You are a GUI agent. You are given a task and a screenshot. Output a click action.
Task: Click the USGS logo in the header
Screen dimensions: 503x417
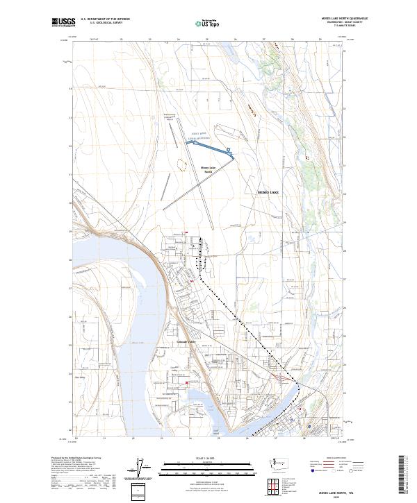pos(62,22)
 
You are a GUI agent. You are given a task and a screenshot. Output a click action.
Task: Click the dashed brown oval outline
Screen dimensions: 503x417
pos(182,164)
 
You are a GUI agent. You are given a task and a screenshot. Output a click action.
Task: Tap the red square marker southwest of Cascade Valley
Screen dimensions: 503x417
pos(186,382)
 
